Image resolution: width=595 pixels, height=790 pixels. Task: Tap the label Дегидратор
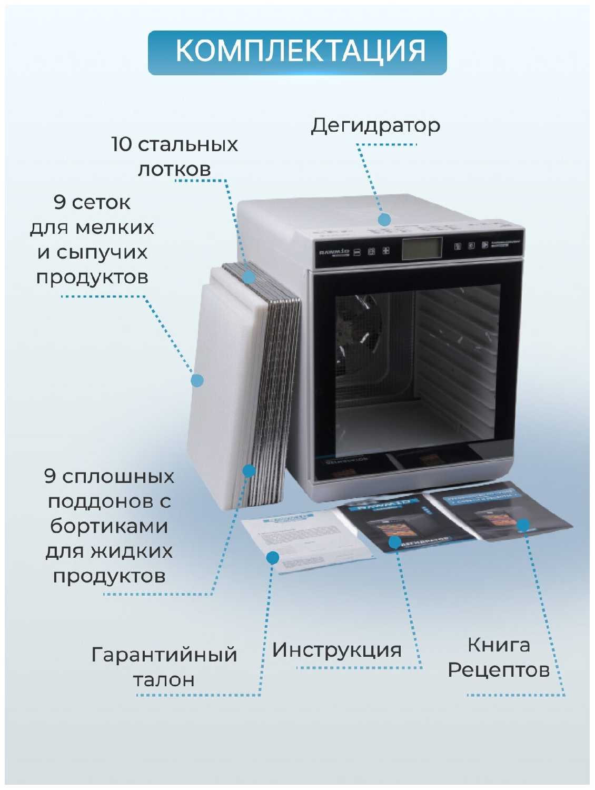(x=375, y=126)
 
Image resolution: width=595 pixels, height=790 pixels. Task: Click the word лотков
(x=174, y=169)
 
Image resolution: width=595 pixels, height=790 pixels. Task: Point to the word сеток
(x=101, y=202)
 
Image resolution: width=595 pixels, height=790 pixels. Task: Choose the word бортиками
(x=109, y=526)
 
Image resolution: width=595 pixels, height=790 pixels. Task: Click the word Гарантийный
(x=164, y=655)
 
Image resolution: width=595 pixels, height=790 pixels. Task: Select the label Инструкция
(x=336, y=650)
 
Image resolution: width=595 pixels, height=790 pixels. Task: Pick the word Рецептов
(x=498, y=670)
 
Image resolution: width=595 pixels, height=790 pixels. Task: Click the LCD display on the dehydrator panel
(x=422, y=248)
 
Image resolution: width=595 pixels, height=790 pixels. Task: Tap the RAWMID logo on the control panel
(x=334, y=252)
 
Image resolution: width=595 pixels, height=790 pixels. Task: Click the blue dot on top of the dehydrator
(x=384, y=220)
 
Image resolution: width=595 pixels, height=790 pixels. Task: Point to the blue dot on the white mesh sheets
(x=197, y=380)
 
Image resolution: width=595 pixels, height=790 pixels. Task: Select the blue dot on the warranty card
(x=272, y=557)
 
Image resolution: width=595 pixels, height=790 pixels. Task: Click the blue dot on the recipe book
(x=523, y=525)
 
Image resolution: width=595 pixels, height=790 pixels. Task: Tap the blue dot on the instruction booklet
(x=394, y=542)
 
